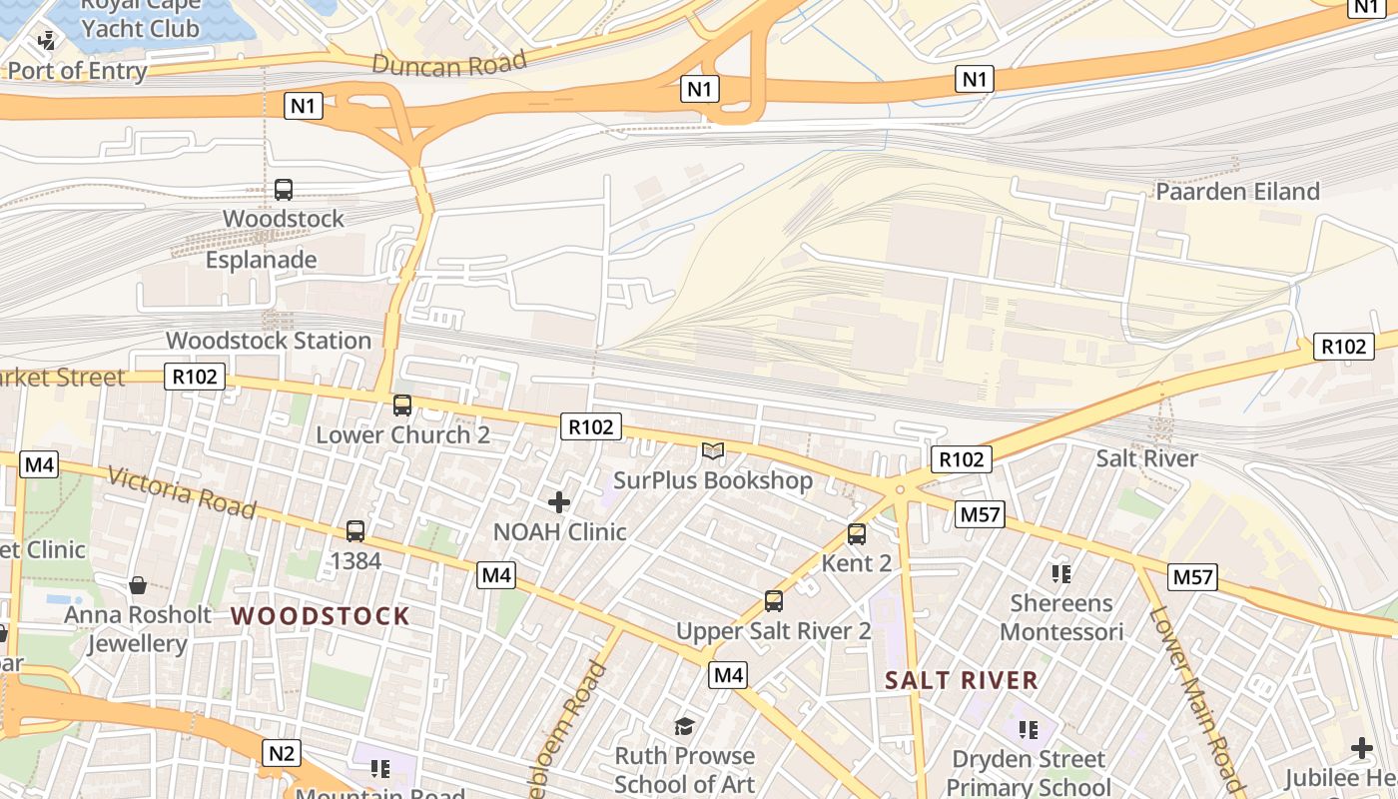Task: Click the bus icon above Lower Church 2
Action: (402, 405)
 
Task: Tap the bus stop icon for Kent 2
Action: (857, 534)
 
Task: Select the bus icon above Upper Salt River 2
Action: (774, 601)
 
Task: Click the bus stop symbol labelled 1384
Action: (355, 531)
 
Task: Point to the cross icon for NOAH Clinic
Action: (559, 501)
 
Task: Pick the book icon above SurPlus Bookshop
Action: (712, 451)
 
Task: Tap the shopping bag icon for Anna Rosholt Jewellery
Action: (138, 585)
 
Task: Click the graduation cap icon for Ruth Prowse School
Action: (684, 726)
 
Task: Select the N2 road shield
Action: (282, 753)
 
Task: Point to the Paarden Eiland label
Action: (1237, 192)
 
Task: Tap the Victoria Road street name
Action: (182, 492)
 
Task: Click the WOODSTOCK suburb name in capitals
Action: (321, 616)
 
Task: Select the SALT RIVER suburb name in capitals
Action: (962, 681)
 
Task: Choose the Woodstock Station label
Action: (269, 341)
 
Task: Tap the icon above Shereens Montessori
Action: (1060, 574)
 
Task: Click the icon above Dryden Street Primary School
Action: (1029, 730)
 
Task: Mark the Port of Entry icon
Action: (46, 41)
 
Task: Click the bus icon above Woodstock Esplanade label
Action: (284, 190)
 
